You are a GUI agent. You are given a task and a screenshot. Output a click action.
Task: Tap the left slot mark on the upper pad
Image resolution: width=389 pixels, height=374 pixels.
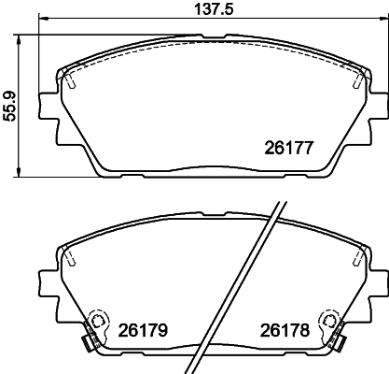(x=71, y=80)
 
